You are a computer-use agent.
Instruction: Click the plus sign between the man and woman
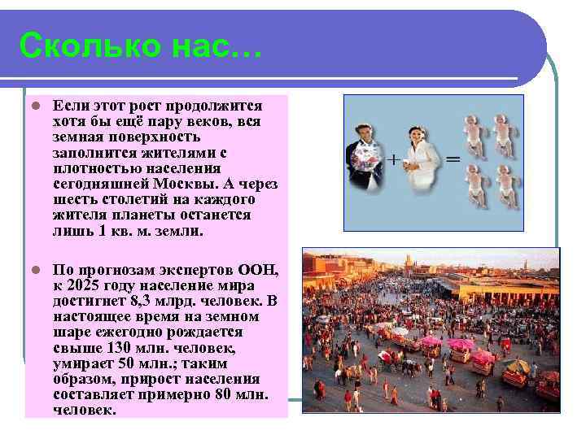(393, 159)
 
